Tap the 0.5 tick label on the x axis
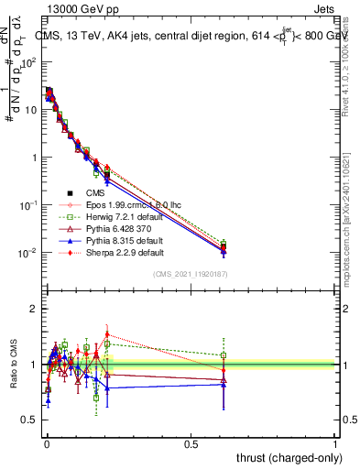(191, 442)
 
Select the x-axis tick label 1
(335, 442)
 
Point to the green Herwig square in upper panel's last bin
(224, 244)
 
